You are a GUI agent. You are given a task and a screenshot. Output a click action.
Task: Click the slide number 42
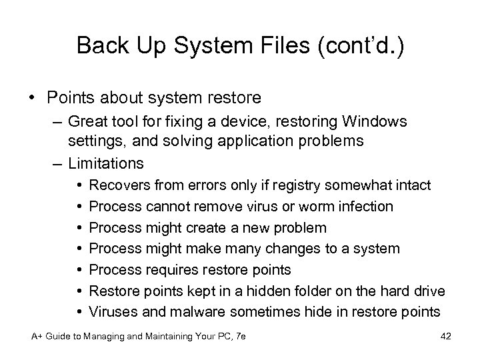(446, 337)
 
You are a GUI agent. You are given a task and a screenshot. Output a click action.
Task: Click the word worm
(301, 206)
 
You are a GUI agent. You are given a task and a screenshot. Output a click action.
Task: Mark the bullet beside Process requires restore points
(79, 270)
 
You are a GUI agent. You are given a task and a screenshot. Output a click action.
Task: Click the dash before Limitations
(56, 162)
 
